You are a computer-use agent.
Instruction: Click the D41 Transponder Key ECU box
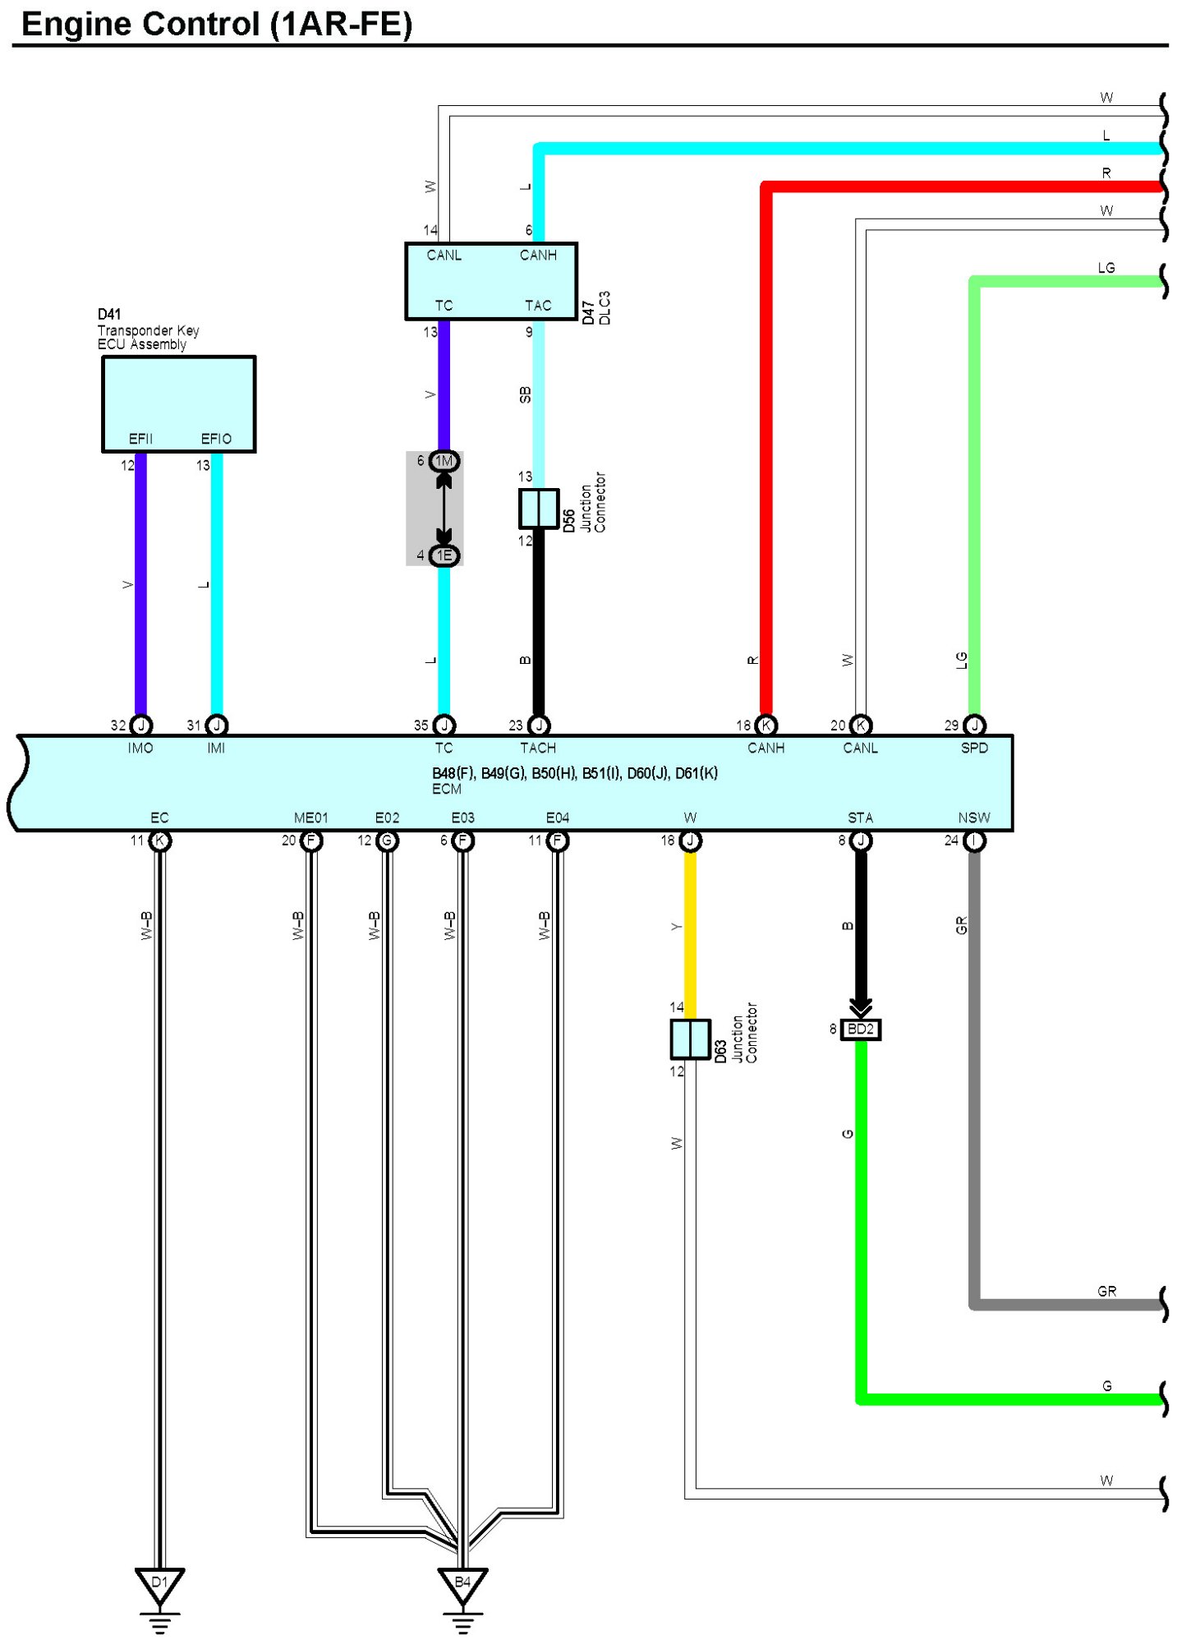click(178, 403)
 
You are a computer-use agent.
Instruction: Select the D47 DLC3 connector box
click(491, 280)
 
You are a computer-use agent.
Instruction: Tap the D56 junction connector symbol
click(538, 508)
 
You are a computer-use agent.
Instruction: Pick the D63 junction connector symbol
click(690, 1039)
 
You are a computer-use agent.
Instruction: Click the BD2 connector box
click(860, 1029)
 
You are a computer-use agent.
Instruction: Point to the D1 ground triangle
click(159, 1584)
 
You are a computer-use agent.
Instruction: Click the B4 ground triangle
click(462, 1584)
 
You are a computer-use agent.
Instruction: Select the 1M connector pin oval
click(444, 461)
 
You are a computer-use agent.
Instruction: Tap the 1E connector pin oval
click(444, 555)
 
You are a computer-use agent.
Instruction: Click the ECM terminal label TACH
click(538, 748)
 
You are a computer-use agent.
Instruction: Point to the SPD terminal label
click(974, 748)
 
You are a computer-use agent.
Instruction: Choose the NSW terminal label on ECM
click(974, 818)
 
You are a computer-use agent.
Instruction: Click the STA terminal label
click(860, 818)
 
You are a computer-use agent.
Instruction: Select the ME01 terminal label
click(310, 818)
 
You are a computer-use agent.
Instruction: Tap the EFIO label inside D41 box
click(217, 439)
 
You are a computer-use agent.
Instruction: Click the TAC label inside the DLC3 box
click(538, 306)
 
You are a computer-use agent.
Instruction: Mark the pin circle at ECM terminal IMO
click(141, 725)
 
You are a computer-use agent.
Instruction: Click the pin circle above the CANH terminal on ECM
click(766, 725)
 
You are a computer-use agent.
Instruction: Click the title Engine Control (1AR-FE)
click(217, 24)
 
